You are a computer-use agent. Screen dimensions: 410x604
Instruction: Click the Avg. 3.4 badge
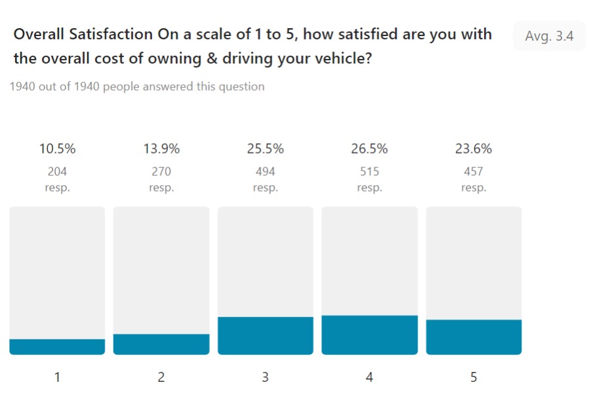pyautogui.click(x=549, y=36)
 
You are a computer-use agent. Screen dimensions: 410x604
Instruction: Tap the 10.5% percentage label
pyautogui.click(x=57, y=149)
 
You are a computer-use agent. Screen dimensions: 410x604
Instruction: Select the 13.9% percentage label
pyautogui.click(x=161, y=149)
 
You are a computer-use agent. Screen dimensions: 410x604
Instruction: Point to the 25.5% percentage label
pyautogui.click(x=265, y=149)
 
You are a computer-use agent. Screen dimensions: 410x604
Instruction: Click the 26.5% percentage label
pyautogui.click(x=369, y=149)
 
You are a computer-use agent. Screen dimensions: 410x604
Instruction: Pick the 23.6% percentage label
pyautogui.click(x=473, y=149)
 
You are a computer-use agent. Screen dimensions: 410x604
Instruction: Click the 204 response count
pyautogui.click(x=57, y=172)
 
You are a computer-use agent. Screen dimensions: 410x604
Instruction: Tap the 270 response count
pyautogui.click(x=161, y=172)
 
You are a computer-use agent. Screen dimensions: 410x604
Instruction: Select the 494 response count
pyautogui.click(x=265, y=172)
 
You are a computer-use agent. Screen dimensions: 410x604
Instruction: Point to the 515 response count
pyautogui.click(x=369, y=172)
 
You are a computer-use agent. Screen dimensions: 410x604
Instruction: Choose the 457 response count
pyautogui.click(x=473, y=172)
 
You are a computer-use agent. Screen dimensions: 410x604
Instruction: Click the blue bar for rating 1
pyautogui.click(x=57, y=347)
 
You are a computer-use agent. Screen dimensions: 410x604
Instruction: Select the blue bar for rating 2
pyautogui.click(x=161, y=344)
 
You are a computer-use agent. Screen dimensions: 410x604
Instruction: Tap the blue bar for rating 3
pyautogui.click(x=265, y=336)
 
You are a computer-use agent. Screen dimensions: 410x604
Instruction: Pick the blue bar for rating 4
pyautogui.click(x=369, y=335)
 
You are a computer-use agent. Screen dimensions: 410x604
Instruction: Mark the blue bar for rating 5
pyautogui.click(x=473, y=337)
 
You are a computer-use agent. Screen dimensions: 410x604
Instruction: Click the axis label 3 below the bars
pyautogui.click(x=265, y=377)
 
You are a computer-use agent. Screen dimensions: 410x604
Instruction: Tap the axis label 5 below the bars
pyautogui.click(x=473, y=377)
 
